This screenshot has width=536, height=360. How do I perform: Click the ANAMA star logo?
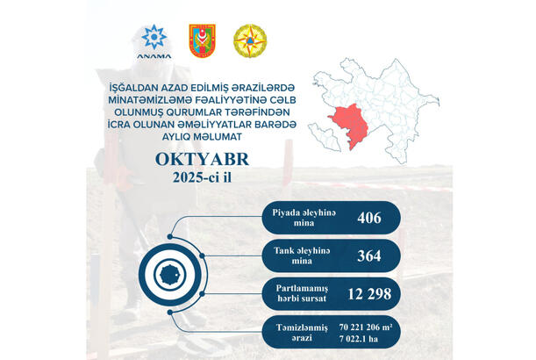154,40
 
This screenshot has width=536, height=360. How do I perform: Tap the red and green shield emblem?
202,41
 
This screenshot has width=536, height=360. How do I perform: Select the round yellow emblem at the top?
247,41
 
